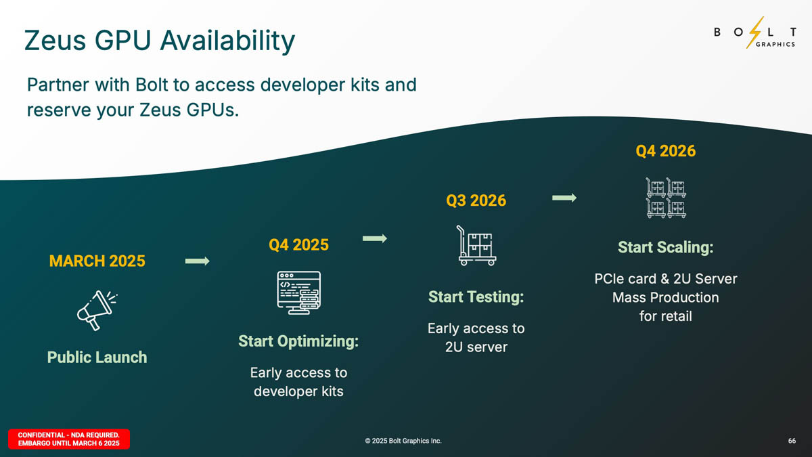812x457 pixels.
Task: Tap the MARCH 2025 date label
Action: click(97, 261)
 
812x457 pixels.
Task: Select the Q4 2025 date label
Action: click(298, 245)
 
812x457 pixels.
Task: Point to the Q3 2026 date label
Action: click(476, 200)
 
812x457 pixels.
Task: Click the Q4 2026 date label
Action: click(666, 151)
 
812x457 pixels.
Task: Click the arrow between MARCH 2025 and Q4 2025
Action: click(197, 261)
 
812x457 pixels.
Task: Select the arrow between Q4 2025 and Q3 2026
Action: click(375, 238)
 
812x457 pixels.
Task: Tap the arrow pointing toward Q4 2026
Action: click(564, 198)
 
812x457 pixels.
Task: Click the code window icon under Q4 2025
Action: click(298, 292)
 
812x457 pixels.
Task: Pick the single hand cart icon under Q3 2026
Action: click(476, 246)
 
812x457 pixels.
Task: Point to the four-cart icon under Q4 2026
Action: click(666, 198)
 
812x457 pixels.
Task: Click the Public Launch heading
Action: click(97, 357)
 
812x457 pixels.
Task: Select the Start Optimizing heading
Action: click(298, 341)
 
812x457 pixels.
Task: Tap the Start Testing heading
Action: click(476, 297)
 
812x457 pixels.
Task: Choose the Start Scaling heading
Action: click(666, 247)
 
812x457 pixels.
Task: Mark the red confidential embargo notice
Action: click(69, 439)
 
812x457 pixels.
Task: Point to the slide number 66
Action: click(792, 441)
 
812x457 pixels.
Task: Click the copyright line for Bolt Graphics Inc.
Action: click(403, 441)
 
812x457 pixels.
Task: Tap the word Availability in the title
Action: click(227, 41)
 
